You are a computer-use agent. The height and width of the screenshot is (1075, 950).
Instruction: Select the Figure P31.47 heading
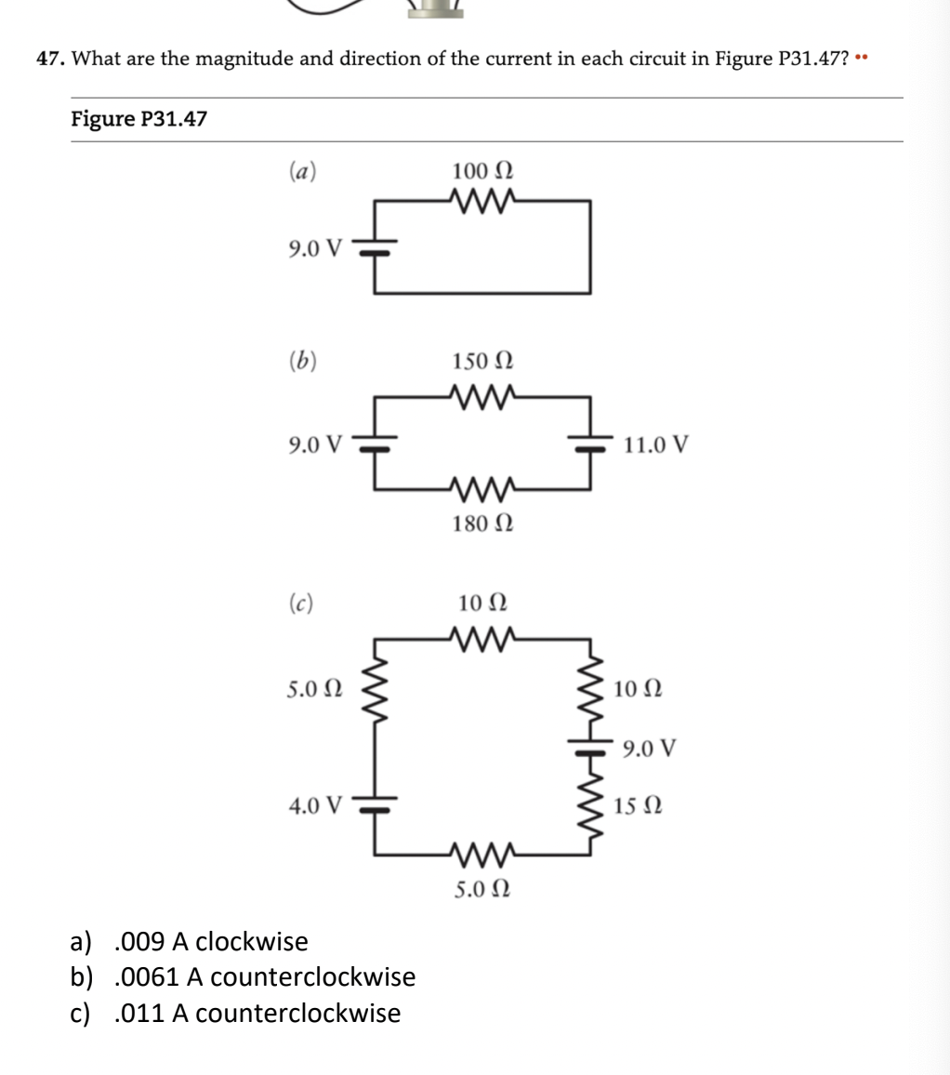click(x=139, y=119)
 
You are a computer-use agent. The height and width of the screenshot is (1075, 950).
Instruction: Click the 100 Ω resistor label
click(x=482, y=172)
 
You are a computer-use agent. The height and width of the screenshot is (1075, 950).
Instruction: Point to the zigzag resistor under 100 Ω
click(x=482, y=200)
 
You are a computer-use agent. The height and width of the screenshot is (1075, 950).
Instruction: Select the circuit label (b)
click(x=301, y=361)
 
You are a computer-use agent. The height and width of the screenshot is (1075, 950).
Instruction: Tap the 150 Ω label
click(x=482, y=361)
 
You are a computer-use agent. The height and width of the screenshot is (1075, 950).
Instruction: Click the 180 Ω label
click(x=482, y=524)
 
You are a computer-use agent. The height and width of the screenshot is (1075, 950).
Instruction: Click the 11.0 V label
click(x=656, y=445)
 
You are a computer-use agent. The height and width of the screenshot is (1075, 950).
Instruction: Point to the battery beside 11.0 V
click(x=589, y=445)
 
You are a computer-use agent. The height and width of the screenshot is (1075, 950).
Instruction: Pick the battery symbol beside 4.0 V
click(x=376, y=805)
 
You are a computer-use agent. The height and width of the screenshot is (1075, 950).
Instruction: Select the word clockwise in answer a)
click(x=252, y=942)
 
